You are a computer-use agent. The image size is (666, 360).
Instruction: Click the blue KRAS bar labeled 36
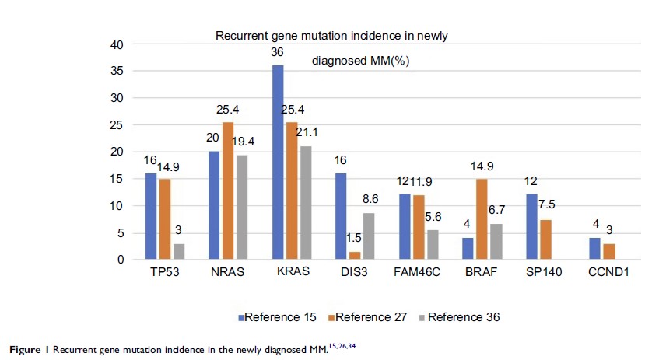pos(278,163)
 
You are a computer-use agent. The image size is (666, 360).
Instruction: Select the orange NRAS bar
pos(227,190)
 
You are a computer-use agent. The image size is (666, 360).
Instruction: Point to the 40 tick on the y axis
pos(116,45)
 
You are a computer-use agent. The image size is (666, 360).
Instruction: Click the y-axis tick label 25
pos(116,125)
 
